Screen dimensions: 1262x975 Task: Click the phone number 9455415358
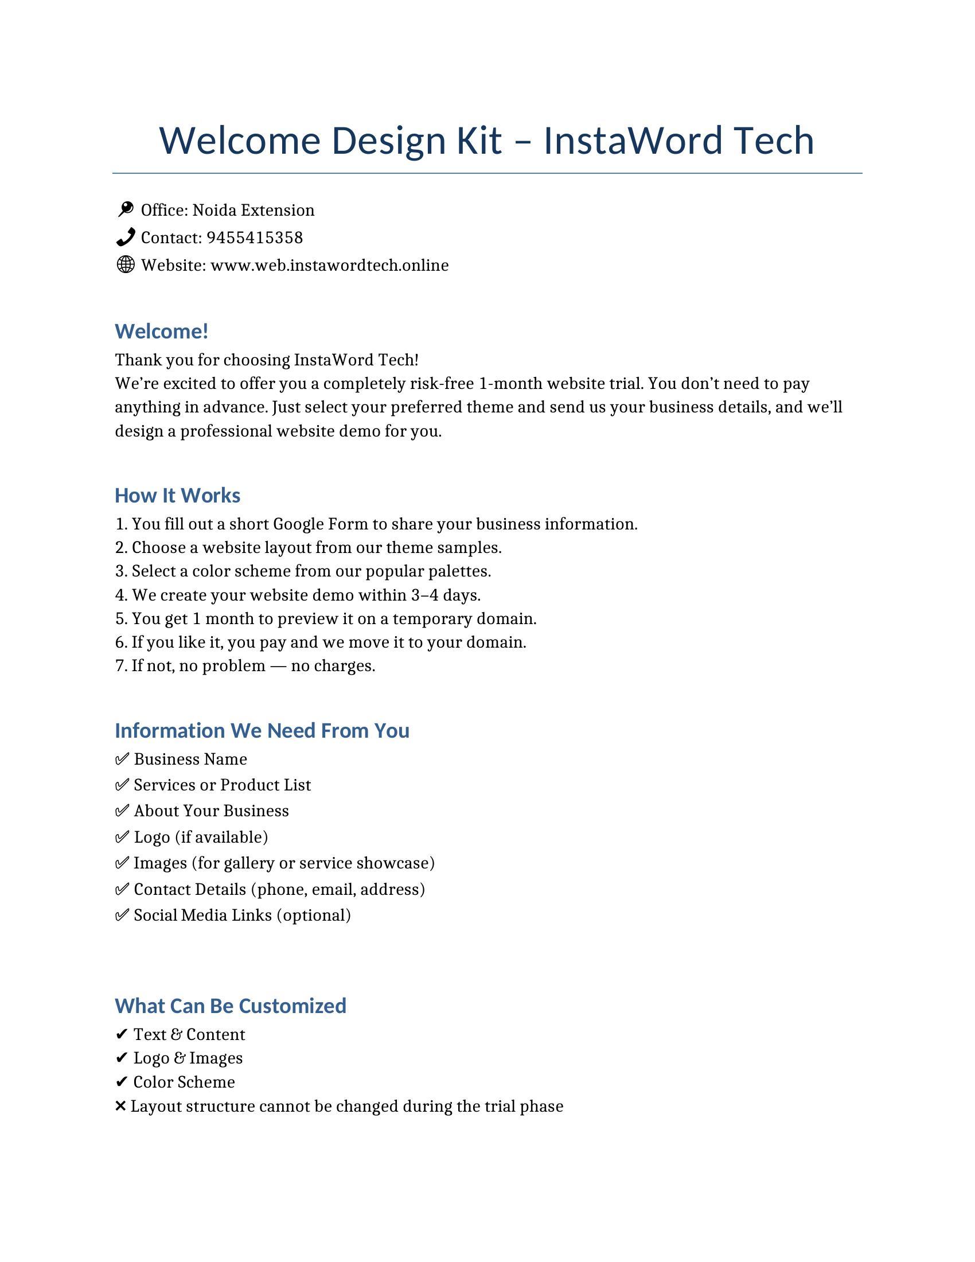pyautogui.click(x=254, y=237)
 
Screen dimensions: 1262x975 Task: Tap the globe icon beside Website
pyautogui.click(x=126, y=264)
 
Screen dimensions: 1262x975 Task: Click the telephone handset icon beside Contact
pyautogui.click(x=126, y=237)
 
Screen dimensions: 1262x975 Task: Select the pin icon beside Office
pyautogui.click(x=126, y=209)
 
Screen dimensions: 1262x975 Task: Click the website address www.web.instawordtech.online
pyautogui.click(x=329, y=265)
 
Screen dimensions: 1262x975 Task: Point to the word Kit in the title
pyautogui.click(x=479, y=141)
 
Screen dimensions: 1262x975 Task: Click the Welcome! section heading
pyautogui.click(x=161, y=331)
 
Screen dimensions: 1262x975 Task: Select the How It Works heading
pyautogui.click(x=177, y=495)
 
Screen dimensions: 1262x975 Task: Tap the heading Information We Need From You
pyautogui.click(x=262, y=730)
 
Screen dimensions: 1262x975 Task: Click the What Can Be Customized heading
pyautogui.click(x=231, y=1006)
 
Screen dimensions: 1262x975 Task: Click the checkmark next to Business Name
pyautogui.click(x=122, y=759)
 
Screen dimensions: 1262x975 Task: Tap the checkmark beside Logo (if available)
pyautogui.click(x=122, y=837)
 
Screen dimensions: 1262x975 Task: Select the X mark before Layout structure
pyautogui.click(x=120, y=1106)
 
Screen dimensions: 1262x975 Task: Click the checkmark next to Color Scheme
pyautogui.click(x=121, y=1082)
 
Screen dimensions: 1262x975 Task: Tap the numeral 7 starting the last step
pyautogui.click(x=120, y=665)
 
